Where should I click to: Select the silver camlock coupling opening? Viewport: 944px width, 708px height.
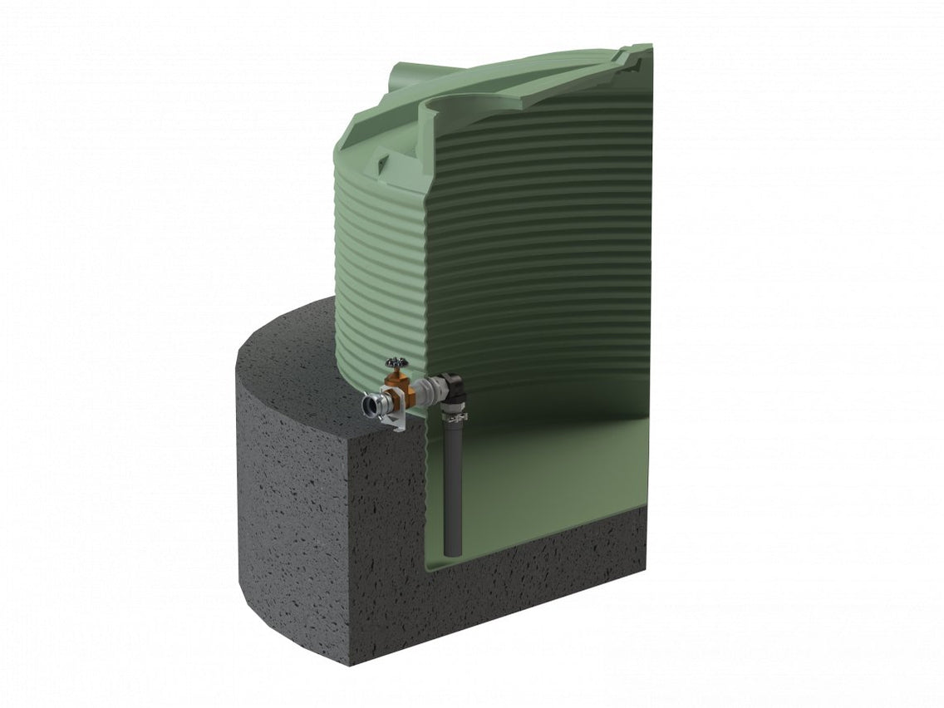click(x=370, y=406)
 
